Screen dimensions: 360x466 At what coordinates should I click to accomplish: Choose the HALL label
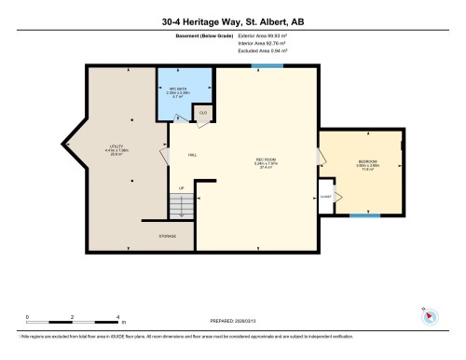coord(192,155)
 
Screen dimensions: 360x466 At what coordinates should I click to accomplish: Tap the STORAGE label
coord(168,236)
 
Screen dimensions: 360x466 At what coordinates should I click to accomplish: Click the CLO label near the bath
coord(202,114)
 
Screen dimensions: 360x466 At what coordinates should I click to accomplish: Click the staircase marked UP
coord(182,202)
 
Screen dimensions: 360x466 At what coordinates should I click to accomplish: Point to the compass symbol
coord(428,315)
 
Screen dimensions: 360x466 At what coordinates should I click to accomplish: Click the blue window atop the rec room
coord(267,65)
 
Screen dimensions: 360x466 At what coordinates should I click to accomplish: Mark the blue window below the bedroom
coord(364,216)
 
